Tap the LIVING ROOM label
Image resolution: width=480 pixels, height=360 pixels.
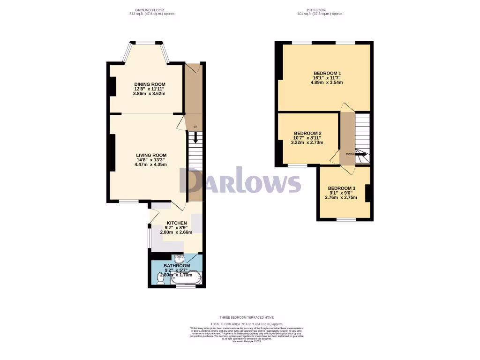(x=151, y=155)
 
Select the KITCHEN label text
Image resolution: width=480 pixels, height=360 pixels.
(x=177, y=223)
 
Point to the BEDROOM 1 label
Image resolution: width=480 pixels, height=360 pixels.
(x=327, y=73)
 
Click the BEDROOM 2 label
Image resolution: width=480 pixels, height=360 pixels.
(x=307, y=133)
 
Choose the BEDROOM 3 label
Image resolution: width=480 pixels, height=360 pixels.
(x=341, y=187)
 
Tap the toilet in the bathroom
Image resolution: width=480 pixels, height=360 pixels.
(x=160, y=279)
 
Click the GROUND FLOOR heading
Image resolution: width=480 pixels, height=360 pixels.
(x=149, y=10)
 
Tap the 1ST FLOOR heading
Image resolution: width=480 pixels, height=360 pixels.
(x=320, y=10)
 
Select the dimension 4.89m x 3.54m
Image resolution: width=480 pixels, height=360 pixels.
(x=327, y=82)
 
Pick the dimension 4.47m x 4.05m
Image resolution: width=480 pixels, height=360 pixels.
(x=151, y=165)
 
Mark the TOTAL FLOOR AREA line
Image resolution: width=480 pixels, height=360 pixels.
(x=247, y=324)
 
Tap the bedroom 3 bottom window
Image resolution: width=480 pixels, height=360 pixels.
(x=346, y=219)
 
